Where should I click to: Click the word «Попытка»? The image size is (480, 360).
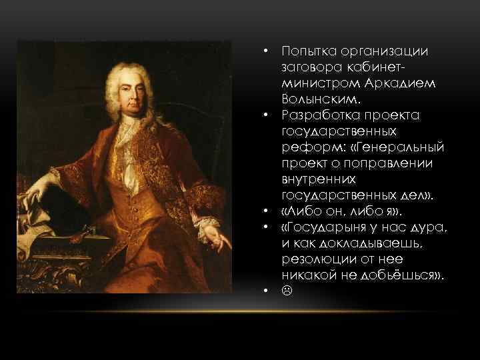[305, 52]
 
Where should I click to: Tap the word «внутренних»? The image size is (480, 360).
[317, 180]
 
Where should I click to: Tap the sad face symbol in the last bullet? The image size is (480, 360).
[287, 292]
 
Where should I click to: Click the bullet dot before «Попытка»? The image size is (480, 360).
[265, 52]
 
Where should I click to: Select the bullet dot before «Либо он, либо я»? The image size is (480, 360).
[265, 212]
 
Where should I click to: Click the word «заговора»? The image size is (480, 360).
[308, 68]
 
